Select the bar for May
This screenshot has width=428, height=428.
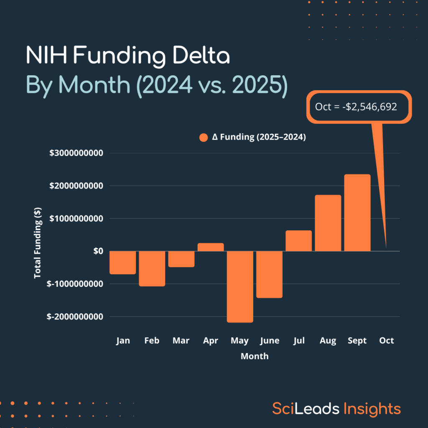click(240, 287)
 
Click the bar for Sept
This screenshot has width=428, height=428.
click(357, 213)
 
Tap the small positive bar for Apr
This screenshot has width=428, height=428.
click(211, 247)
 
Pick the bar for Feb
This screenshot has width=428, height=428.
click(152, 268)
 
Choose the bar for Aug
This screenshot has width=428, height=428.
click(328, 223)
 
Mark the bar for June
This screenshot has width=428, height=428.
click(270, 274)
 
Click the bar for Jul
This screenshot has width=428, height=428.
click(299, 241)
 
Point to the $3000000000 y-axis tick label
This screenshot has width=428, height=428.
click(76, 153)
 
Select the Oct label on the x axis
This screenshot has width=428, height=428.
click(386, 341)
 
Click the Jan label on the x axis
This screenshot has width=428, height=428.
click(123, 341)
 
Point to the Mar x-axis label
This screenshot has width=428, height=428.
click(181, 341)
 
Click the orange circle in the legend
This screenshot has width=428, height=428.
click(204, 138)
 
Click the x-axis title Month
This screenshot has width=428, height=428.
click(255, 357)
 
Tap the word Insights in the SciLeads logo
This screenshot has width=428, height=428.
click(372, 408)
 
